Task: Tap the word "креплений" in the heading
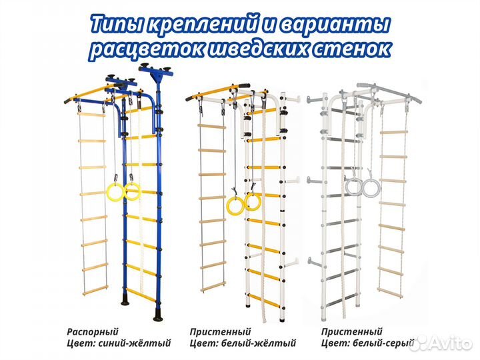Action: pos(204,25)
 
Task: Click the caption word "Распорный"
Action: pos(93,331)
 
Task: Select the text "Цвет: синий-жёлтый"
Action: pos(119,344)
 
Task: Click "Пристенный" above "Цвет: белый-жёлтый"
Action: pos(220,331)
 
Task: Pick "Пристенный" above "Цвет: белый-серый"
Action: pos(351,331)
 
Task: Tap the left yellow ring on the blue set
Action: pos(116,194)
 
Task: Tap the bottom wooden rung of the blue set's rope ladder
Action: pos(93,289)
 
